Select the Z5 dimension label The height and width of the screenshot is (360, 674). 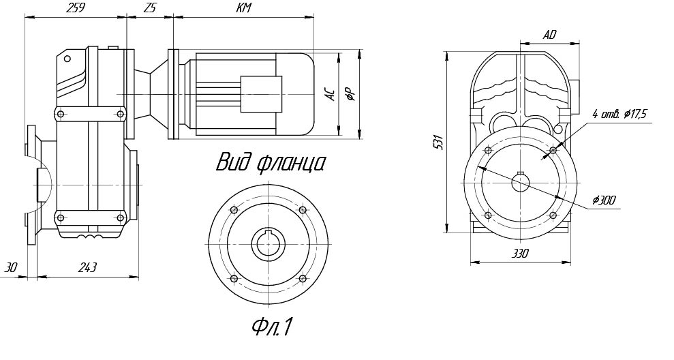tap(150, 8)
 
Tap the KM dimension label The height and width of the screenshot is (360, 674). tap(243, 8)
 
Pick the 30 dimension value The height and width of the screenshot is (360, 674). tap(10, 268)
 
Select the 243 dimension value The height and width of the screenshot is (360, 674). tap(87, 268)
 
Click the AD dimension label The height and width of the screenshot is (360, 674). tap(549, 34)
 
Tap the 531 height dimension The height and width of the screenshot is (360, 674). tap(438, 141)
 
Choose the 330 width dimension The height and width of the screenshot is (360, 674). tap(520, 253)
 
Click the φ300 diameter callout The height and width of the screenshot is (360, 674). tap(604, 200)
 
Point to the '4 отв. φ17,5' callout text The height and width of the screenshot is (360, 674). tap(619, 114)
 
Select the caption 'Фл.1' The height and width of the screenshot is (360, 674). tap(271, 327)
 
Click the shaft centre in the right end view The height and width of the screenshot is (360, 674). tap(521, 182)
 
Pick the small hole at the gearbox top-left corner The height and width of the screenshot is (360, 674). tap(67, 58)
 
